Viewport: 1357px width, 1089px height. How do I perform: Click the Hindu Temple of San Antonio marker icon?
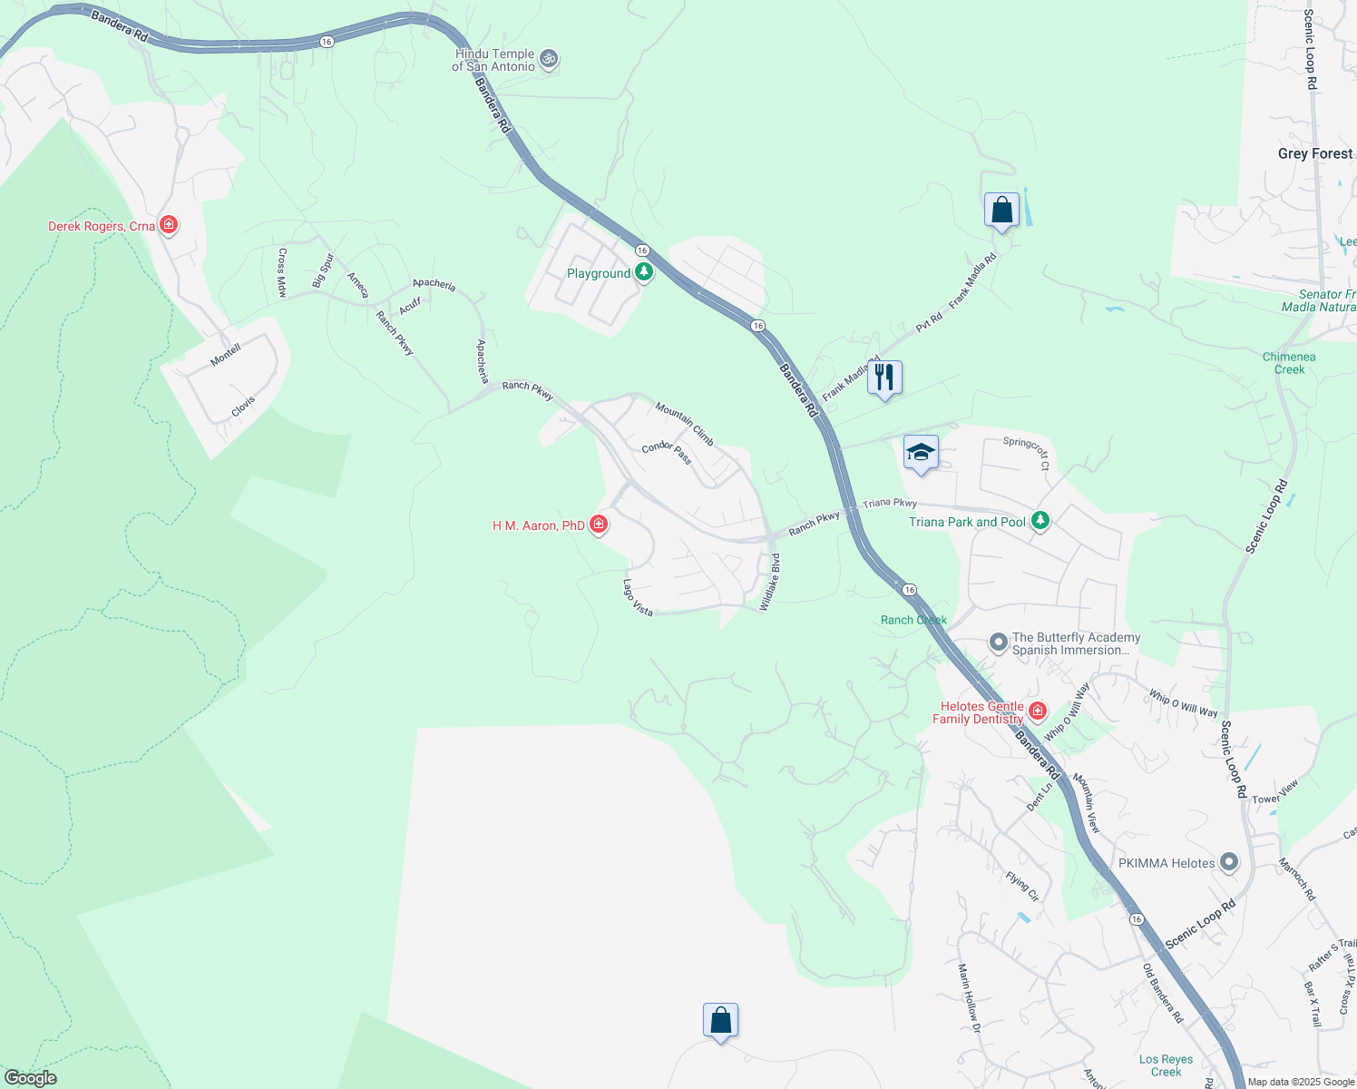pos(548,60)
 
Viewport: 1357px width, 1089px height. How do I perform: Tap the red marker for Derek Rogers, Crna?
pos(168,224)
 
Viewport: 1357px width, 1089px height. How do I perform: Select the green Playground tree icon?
pos(644,272)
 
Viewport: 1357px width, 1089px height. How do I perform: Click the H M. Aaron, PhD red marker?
pos(599,525)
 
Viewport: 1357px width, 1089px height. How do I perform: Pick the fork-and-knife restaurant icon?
pos(884,378)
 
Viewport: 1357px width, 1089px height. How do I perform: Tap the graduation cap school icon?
pos(920,452)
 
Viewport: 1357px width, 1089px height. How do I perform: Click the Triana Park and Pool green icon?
pos(1040,521)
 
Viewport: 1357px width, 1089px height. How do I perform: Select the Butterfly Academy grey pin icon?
pos(999,643)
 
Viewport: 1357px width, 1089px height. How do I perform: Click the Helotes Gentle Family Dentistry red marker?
pos(1038,711)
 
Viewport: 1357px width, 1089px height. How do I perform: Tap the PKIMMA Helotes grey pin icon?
pos(1229,862)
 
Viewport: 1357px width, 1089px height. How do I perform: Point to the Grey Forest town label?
pos(1314,153)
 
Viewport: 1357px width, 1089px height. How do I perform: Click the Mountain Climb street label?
pos(685,425)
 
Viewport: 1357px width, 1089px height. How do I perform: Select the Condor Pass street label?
pos(667,452)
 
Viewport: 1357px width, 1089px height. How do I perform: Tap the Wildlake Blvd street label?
pos(770,582)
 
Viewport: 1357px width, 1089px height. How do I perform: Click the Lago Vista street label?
pos(638,598)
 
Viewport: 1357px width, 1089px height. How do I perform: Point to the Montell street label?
pos(226,354)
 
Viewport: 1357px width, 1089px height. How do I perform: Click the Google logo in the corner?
pos(31,1077)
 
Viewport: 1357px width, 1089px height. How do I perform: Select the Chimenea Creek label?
pos(1289,363)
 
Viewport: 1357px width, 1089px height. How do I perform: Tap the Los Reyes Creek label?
pos(1166,1065)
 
